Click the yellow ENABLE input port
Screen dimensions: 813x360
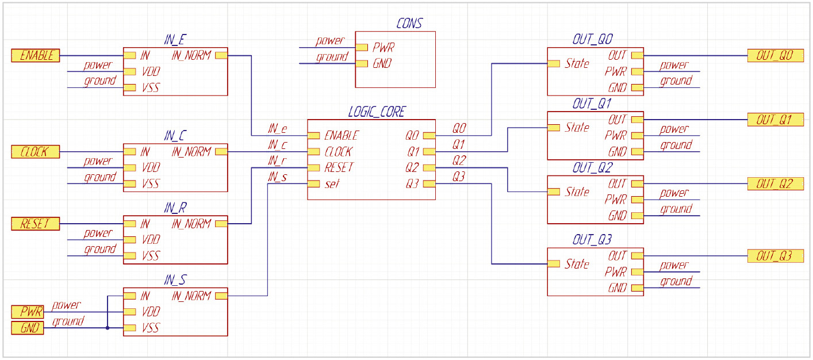pyautogui.click(x=36, y=56)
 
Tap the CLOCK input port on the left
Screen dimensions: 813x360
pyautogui.click(x=36, y=152)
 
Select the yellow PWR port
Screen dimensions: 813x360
pyautogui.click(x=28, y=312)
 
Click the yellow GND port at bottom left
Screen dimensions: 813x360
pyautogui.click(x=28, y=328)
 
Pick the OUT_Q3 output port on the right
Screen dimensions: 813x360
pyautogui.click(x=776, y=256)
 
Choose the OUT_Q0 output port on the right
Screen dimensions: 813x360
pyautogui.click(x=776, y=56)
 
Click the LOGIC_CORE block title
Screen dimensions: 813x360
pyautogui.click(x=377, y=112)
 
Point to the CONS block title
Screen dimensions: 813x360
pyautogui.click(x=409, y=24)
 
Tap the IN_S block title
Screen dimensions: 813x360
pyautogui.click(x=175, y=280)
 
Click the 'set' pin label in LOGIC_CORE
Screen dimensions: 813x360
pyautogui.click(x=332, y=184)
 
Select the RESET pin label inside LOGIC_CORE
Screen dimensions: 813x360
pyautogui.click(x=339, y=168)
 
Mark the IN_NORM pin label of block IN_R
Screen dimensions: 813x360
pyautogui.click(x=191, y=224)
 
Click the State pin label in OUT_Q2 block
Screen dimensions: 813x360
pyautogui.click(x=577, y=192)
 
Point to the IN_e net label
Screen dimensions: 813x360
pyautogui.click(x=278, y=129)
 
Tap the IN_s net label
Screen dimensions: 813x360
pyautogui.click(x=278, y=177)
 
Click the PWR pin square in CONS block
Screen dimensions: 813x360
pyautogui.click(x=362, y=48)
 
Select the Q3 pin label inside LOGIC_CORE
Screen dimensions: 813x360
pyautogui.click(x=412, y=184)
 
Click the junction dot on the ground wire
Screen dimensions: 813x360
pyautogui.click(x=108, y=328)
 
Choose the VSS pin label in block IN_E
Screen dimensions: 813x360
pyautogui.click(x=151, y=88)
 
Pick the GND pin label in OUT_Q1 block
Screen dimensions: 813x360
pyautogui.click(x=618, y=152)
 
